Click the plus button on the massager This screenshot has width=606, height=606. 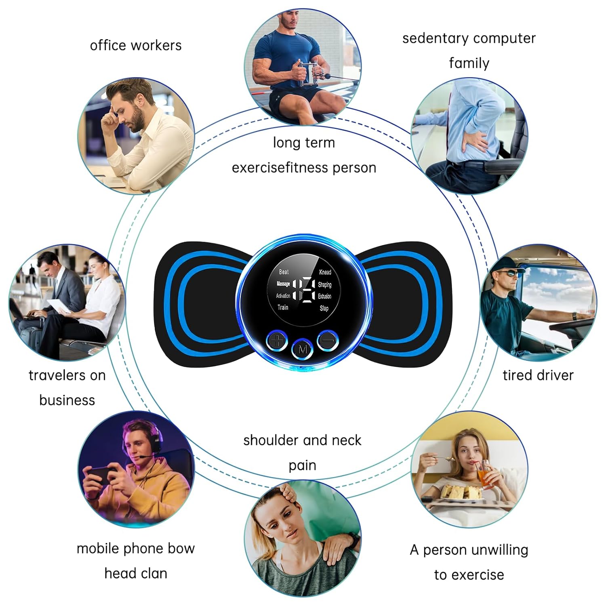[x=277, y=340]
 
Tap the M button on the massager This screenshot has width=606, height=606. [x=302, y=349]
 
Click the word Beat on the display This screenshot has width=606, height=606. [x=284, y=272]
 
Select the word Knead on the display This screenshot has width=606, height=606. [x=325, y=272]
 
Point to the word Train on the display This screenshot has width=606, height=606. [x=283, y=307]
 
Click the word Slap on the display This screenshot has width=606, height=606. [x=324, y=308]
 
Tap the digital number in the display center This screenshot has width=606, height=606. [x=303, y=290]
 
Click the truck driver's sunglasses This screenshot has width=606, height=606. [x=507, y=273]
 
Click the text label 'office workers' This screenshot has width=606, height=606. [x=136, y=45]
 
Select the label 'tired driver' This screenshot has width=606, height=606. [x=538, y=375]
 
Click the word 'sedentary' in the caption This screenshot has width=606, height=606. [x=434, y=38]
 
